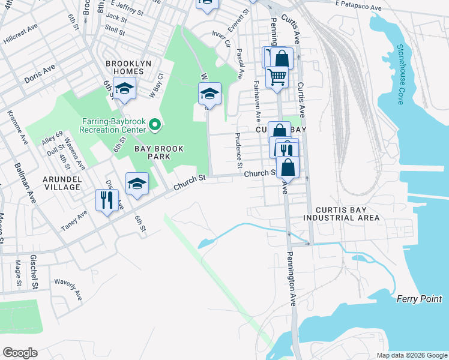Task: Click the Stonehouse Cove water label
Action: click(x=399, y=75)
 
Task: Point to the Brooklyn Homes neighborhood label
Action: click(x=124, y=67)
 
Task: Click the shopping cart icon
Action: click(x=277, y=76)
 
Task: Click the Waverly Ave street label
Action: click(x=68, y=289)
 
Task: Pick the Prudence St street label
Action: click(x=239, y=149)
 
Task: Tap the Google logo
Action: click(x=20, y=352)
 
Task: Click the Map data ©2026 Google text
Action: click(x=411, y=355)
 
